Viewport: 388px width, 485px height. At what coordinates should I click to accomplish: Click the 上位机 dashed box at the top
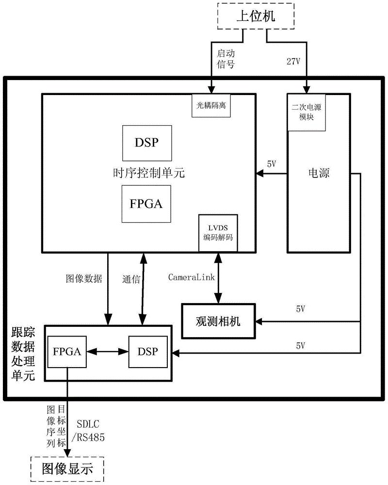point(255,17)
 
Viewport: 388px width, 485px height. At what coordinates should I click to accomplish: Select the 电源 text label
point(319,173)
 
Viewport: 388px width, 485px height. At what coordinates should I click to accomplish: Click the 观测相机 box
point(218,321)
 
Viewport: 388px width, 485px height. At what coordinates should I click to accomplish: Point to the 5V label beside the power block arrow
point(272,164)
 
